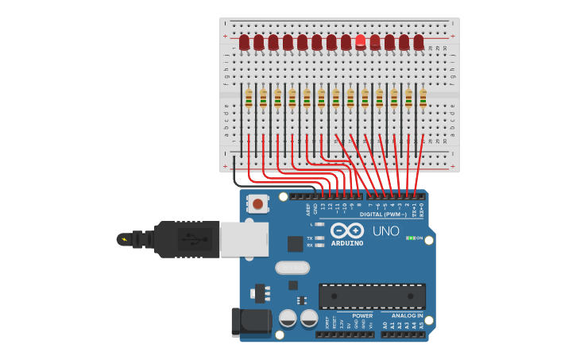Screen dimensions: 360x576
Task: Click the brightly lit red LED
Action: pyautogui.click(x=361, y=41)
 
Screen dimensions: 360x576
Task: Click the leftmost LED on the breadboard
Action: pyautogui.click(x=244, y=42)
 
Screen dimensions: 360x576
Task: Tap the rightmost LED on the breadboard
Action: pyautogui.click(x=419, y=42)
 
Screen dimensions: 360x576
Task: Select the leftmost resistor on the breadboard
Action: pyautogui.click(x=249, y=99)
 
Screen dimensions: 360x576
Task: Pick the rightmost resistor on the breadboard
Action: pyautogui.click(x=423, y=99)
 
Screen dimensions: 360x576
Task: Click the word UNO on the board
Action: pyautogui.click(x=386, y=231)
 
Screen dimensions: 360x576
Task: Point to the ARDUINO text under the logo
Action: pyautogui.click(x=347, y=243)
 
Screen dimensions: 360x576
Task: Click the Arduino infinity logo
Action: pyautogui.click(x=347, y=230)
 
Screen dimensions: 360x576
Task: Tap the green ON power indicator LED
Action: pyautogui.click(x=410, y=238)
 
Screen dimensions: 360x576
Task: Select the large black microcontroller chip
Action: pyautogui.click(x=372, y=296)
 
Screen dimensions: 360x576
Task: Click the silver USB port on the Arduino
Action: pyautogui.click(x=244, y=238)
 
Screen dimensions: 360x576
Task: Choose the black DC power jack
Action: pyautogui.click(x=251, y=321)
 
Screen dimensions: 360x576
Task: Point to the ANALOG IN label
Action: pyautogui.click(x=407, y=315)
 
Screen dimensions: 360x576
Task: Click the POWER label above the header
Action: pyautogui.click(x=362, y=315)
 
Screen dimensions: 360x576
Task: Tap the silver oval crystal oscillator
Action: pyautogui.click(x=292, y=268)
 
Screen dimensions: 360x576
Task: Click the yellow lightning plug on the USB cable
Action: pyautogui.click(x=124, y=238)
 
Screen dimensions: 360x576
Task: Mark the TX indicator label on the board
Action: pyautogui.click(x=309, y=238)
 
